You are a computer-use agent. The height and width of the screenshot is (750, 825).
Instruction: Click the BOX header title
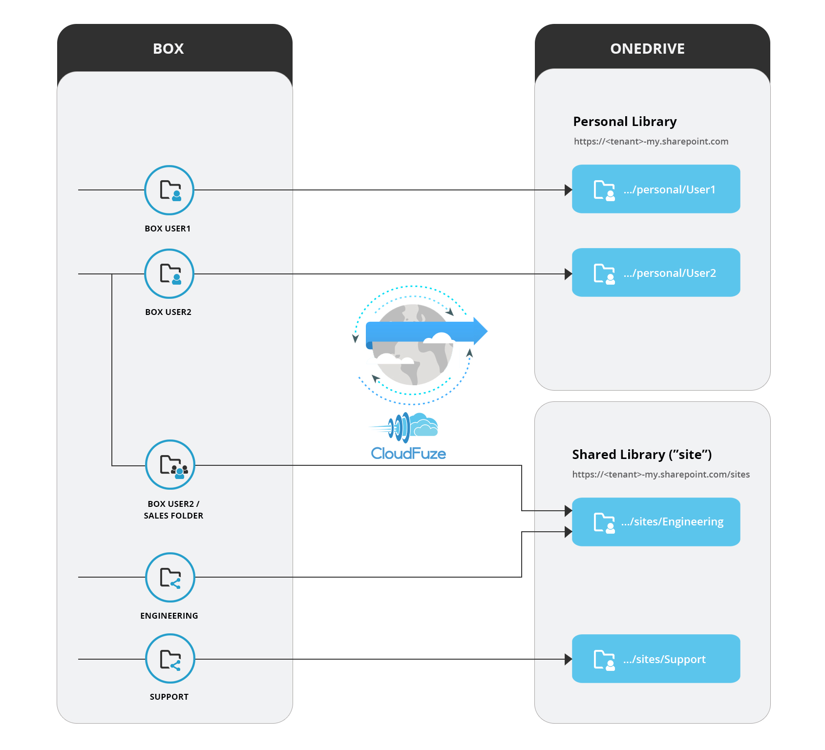[169, 49]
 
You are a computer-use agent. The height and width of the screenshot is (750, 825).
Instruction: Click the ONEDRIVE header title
[647, 49]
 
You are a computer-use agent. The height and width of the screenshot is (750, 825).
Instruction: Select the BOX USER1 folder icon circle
[169, 190]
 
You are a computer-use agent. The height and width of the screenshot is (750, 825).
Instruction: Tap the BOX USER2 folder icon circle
[169, 273]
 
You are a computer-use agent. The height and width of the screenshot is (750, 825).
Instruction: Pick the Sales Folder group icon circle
[170, 465]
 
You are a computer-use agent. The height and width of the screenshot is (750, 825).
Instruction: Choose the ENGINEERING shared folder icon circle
[170, 577]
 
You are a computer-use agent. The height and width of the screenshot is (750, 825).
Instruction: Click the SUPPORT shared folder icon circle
[170, 659]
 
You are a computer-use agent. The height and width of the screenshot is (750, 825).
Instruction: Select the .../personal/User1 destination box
[656, 189]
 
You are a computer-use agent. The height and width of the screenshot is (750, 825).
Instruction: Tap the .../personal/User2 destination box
[656, 272]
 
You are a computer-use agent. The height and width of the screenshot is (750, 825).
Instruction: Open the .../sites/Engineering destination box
[656, 522]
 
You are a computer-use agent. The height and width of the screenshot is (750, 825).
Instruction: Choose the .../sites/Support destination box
[656, 659]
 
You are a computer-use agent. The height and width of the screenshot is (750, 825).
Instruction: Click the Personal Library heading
[625, 122]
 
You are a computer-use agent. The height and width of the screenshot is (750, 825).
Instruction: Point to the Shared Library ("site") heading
[642, 455]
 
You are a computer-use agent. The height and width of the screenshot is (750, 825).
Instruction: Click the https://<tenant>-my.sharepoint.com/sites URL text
[661, 475]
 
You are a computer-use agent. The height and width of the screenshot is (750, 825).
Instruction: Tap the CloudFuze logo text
[408, 454]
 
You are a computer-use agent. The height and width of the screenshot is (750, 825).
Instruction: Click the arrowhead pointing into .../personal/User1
[568, 190]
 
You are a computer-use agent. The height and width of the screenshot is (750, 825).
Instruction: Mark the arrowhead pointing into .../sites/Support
[568, 659]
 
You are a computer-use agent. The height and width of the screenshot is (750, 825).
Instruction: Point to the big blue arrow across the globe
[425, 332]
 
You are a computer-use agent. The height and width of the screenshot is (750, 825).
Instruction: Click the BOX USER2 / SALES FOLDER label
[173, 510]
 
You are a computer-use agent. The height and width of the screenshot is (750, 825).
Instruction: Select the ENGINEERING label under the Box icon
[169, 616]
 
